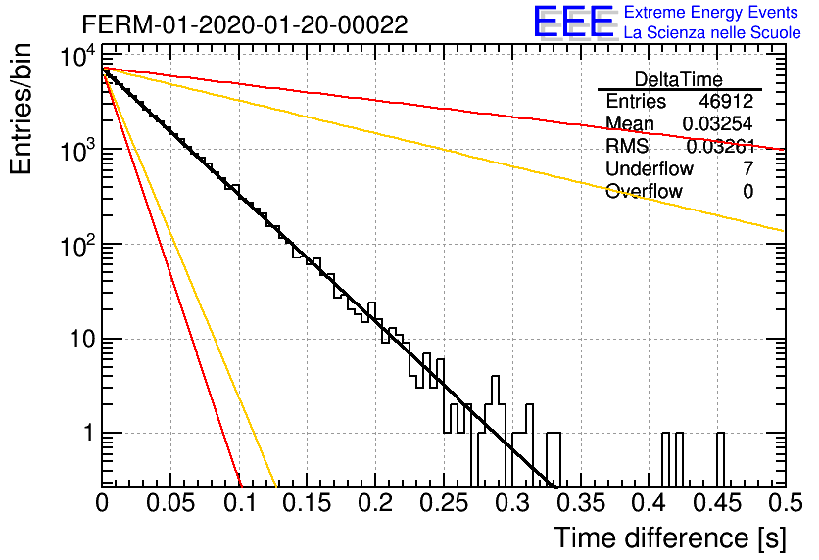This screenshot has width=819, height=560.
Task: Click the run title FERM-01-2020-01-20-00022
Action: (245, 24)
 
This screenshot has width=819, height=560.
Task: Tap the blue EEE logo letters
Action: (573, 22)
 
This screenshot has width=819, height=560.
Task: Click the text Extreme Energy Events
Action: (711, 12)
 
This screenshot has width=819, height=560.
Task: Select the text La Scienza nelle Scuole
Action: (712, 32)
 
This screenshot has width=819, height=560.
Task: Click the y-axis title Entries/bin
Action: (21, 109)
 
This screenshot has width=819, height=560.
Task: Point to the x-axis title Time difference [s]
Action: (670, 538)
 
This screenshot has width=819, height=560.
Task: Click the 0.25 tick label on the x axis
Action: (443, 503)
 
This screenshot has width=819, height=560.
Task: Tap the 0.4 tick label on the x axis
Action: (650, 503)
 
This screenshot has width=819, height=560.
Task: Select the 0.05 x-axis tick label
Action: (170, 503)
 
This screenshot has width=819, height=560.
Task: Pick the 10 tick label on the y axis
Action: (82, 339)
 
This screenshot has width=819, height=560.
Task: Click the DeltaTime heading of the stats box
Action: (679, 79)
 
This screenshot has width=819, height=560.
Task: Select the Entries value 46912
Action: (726, 101)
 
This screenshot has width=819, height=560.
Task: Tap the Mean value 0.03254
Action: (718, 123)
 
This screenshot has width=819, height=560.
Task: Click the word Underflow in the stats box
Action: (650, 168)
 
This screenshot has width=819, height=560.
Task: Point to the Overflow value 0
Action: (747, 192)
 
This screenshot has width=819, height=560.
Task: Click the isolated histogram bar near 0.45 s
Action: (720, 459)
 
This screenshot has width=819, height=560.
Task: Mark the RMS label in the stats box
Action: (627, 146)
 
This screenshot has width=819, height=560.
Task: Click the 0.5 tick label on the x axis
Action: (786, 503)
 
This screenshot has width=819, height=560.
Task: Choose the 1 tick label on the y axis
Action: (89, 433)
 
